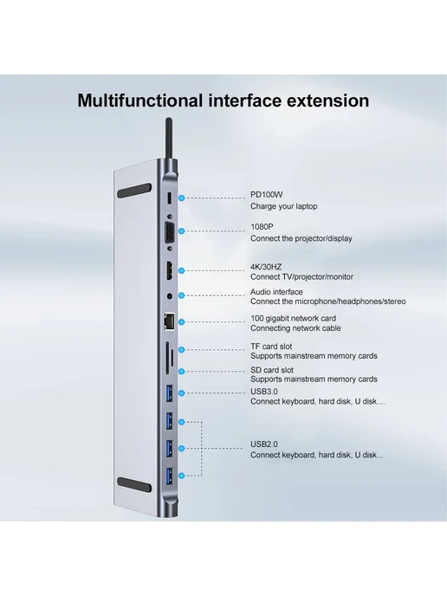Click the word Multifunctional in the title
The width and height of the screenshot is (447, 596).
click(139, 100)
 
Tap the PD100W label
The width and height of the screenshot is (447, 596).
click(267, 195)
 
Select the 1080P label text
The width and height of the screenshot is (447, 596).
click(262, 227)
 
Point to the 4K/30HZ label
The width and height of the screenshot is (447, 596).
click(266, 267)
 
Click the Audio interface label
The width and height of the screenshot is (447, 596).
click(276, 292)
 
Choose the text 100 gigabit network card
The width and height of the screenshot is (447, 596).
click(293, 319)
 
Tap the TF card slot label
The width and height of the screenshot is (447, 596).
click(271, 347)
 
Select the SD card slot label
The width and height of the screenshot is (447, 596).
click(272, 370)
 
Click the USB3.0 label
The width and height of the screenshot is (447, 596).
click(264, 392)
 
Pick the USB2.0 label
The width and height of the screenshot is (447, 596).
click(264, 444)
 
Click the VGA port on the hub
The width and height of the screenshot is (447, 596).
click(169, 231)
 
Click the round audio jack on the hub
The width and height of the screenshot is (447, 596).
click(170, 295)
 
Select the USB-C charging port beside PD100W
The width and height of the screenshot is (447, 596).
click(170, 198)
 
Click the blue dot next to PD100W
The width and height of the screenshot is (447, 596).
click(182, 198)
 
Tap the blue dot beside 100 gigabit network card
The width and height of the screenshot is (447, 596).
click(182, 322)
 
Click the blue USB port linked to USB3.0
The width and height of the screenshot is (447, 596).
click(170, 393)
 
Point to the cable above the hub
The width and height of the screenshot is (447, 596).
click(168, 138)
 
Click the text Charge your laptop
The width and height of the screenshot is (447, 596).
click(283, 206)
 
